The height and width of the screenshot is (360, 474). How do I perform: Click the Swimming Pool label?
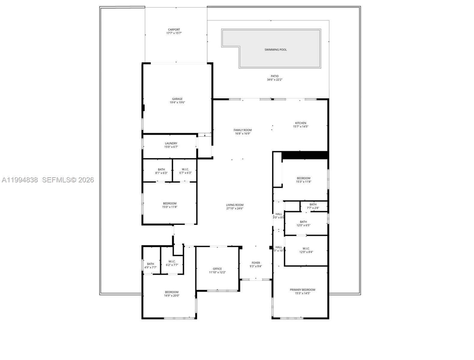[x=275, y=49]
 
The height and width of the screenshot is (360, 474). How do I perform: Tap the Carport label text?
[x=174, y=30]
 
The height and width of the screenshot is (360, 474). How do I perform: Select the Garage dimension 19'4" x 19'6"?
[x=177, y=103]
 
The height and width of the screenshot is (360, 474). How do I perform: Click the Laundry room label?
[x=171, y=143]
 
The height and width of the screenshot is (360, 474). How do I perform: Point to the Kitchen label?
[x=300, y=123]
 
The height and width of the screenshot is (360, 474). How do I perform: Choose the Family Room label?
[x=243, y=130]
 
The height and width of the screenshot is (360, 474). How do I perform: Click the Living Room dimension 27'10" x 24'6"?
[x=235, y=208]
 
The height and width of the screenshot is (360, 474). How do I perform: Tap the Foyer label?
[x=256, y=263]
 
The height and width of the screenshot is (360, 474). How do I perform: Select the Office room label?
[x=217, y=269]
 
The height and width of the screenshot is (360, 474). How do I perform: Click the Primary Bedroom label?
[x=302, y=290]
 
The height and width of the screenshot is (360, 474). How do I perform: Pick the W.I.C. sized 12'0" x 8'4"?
[x=306, y=250]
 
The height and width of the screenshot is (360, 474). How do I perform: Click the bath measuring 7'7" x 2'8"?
[x=313, y=206]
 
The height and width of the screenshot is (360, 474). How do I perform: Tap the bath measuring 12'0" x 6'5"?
[x=303, y=223]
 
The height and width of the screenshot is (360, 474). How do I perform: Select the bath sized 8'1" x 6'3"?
[x=161, y=171]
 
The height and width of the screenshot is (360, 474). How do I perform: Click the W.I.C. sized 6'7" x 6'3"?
[x=185, y=171]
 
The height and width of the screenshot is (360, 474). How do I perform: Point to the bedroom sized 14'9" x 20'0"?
[x=171, y=294]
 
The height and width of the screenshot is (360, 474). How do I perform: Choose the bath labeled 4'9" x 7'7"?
[x=150, y=265]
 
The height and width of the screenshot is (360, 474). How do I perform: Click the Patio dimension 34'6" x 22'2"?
[x=274, y=80]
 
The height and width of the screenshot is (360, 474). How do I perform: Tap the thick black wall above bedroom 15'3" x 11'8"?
[x=305, y=155]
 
